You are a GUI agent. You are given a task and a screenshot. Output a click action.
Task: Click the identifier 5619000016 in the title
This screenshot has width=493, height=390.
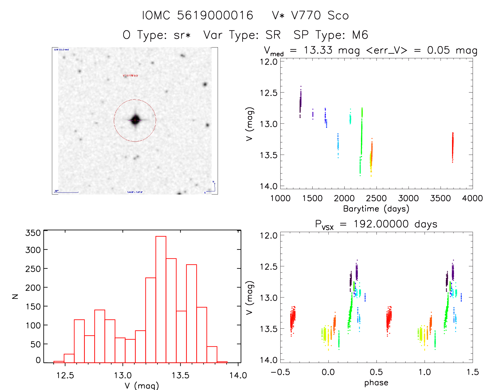[x=215, y=15]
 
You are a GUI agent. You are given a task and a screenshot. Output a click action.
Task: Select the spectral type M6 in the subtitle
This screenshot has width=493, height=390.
[x=360, y=35]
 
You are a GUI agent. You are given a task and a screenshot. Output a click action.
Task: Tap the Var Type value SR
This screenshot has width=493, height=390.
[x=273, y=35]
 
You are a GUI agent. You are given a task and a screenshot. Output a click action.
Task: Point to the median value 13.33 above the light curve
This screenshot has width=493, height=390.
[x=318, y=50]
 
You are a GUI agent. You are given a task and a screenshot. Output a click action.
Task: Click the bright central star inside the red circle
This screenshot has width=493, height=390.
[x=135, y=120]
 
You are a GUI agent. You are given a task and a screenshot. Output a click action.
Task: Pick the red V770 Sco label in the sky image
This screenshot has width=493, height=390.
[x=130, y=76]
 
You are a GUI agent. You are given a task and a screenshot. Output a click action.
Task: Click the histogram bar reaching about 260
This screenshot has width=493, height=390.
[x=191, y=313]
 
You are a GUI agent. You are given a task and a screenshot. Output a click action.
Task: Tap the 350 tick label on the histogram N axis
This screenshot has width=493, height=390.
[x=33, y=233]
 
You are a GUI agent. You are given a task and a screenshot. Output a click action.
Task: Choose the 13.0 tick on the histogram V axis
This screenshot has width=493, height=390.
[x=123, y=375]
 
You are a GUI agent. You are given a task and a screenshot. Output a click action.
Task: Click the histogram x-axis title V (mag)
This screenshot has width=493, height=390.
[x=141, y=385]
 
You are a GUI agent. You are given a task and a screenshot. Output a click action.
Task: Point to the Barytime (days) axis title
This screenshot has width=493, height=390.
[x=376, y=209]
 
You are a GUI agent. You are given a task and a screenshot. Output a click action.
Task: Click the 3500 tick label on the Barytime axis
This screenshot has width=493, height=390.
[x=440, y=198]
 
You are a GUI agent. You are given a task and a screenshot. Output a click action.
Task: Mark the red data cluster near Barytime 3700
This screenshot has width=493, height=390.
[x=453, y=147]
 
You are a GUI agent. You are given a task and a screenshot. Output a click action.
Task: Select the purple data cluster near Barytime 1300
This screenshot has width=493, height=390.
[x=300, y=102]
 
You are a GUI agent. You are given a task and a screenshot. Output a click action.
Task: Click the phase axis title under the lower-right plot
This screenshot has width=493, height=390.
[x=376, y=383]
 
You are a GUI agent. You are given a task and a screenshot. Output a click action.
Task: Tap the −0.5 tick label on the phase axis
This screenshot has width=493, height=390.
[x=280, y=372]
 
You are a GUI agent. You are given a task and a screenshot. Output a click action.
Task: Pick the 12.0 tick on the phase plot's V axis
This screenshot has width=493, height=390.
[x=268, y=235]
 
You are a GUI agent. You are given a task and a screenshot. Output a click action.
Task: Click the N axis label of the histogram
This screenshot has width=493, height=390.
[x=15, y=296]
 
